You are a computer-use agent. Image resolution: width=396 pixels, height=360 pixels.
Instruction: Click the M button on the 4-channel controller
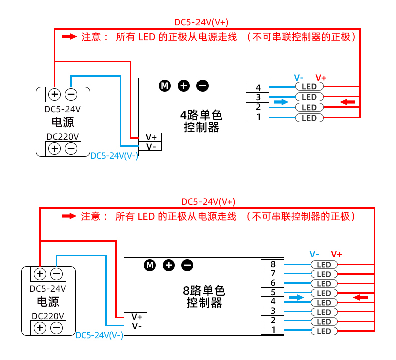[165, 86]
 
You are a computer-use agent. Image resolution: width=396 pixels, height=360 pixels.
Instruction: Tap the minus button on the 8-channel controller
[187, 265]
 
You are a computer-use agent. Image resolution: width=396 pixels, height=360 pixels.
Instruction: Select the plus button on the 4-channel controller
[184, 86]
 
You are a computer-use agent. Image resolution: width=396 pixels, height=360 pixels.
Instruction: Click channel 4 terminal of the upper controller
[258, 88]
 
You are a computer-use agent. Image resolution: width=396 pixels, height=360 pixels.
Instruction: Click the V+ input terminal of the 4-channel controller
[151, 137]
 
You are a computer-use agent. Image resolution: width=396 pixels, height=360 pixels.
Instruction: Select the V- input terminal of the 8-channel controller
[137, 326]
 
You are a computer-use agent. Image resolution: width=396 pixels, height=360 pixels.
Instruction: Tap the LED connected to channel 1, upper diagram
[309, 118]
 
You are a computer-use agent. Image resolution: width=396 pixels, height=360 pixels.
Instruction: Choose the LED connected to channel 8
[324, 264]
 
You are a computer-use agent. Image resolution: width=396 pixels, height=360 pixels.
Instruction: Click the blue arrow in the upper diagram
[282, 102]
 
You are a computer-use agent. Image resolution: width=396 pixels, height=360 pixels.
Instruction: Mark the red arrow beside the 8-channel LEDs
[360, 297]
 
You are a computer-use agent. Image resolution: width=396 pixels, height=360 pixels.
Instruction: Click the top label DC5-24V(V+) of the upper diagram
[201, 22]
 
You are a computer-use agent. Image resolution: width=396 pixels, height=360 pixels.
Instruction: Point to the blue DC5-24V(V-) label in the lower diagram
[99, 335]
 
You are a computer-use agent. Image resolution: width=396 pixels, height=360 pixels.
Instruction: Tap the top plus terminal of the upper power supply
[54, 94]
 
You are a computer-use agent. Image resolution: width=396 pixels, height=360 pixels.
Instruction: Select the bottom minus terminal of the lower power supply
[57, 328]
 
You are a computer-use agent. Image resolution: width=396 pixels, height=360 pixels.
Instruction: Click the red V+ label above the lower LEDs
[336, 254]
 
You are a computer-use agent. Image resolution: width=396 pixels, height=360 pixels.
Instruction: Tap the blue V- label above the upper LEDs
[299, 77]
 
